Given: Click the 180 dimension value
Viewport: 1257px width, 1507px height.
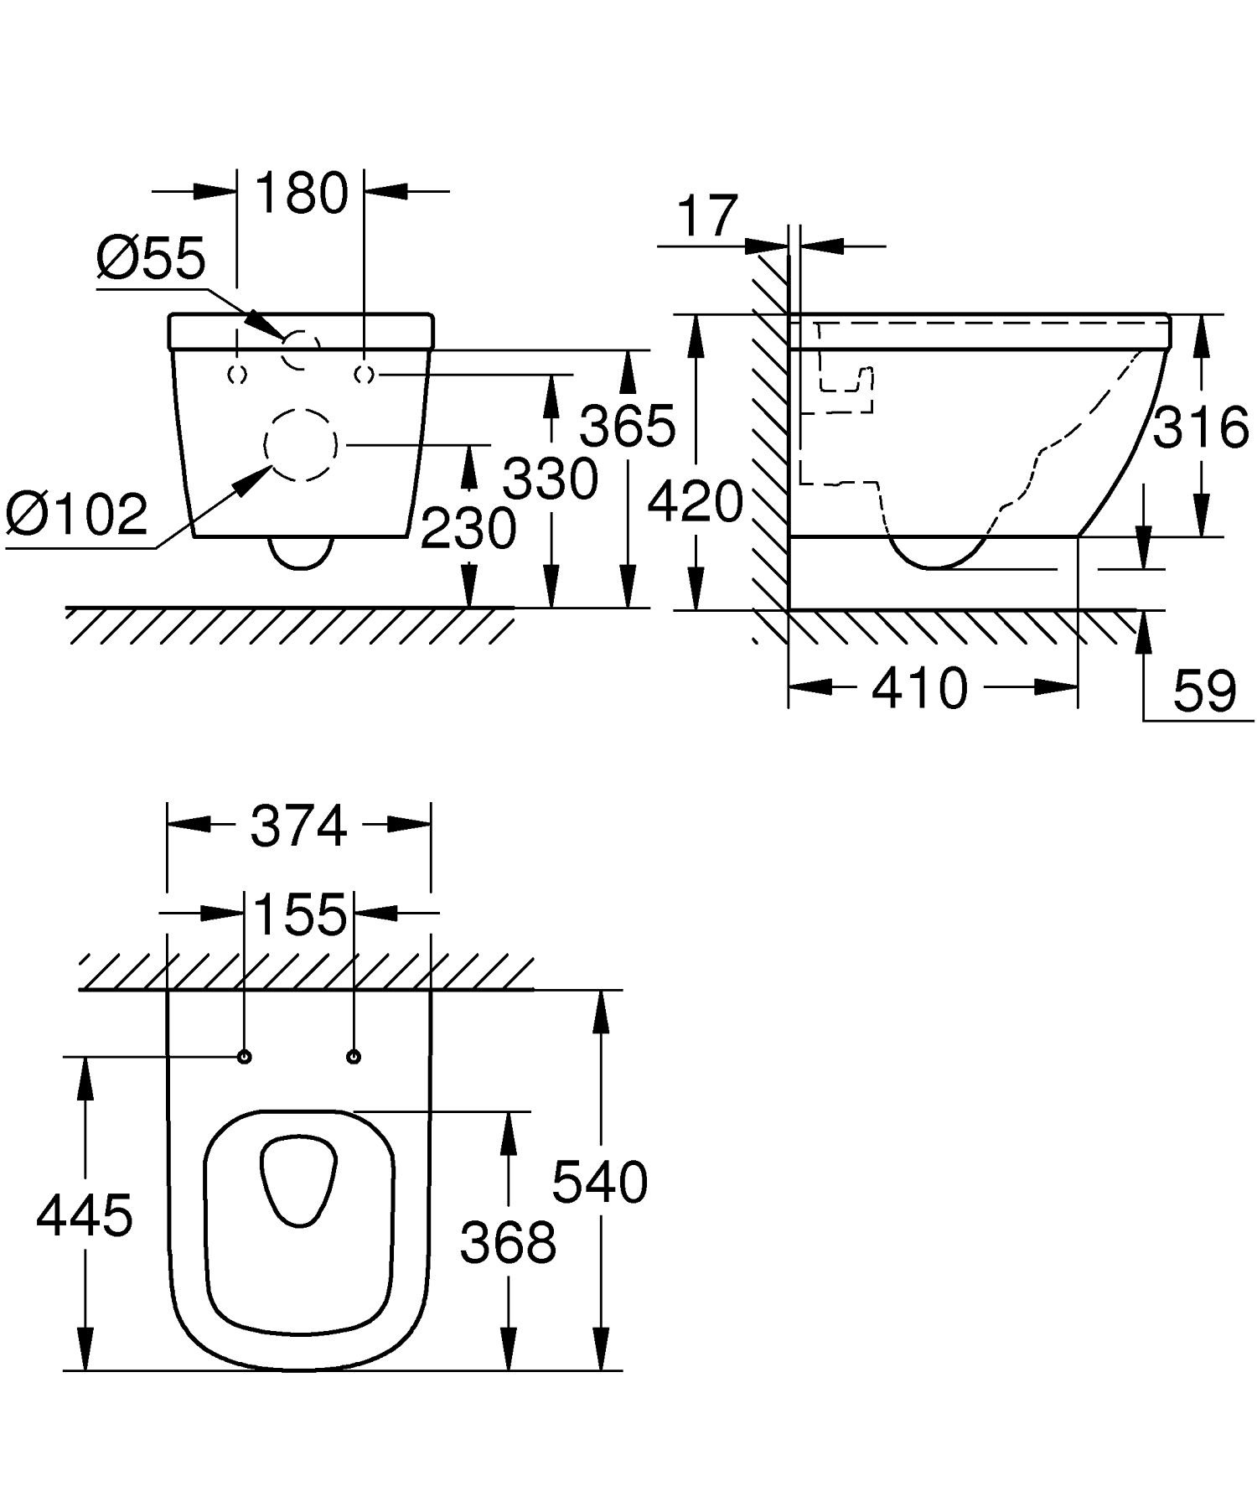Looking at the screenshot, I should (301, 194).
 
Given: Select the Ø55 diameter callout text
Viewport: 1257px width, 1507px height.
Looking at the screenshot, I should (150, 258).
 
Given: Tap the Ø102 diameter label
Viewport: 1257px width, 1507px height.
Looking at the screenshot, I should (76, 514).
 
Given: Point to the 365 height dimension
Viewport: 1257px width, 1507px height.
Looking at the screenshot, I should (628, 426).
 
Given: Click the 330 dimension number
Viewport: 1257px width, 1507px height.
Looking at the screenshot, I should (551, 479).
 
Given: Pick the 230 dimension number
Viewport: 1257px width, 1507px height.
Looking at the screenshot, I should (468, 529).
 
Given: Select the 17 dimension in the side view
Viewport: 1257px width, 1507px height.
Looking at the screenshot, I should (707, 216).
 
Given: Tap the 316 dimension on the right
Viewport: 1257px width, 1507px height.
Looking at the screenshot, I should (1200, 427).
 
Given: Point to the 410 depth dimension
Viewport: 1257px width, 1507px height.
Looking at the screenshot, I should (919, 689).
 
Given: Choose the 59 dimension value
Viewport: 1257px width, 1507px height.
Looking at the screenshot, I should (1204, 691).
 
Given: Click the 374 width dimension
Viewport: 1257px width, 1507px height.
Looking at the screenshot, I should (298, 826).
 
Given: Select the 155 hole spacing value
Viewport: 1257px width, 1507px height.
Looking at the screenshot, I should (299, 914).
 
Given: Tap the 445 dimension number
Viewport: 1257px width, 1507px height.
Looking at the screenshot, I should (84, 1215).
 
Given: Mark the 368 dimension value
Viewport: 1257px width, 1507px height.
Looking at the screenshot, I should (508, 1242).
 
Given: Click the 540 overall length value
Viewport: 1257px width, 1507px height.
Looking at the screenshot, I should (600, 1183).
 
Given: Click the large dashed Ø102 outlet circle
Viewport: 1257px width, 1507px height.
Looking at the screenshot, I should (301, 445).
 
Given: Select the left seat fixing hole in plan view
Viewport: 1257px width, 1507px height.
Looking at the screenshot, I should (245, 1057).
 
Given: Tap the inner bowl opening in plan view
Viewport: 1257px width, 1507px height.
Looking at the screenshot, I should (298, 1179).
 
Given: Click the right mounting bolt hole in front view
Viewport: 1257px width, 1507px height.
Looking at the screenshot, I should (364, 375).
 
